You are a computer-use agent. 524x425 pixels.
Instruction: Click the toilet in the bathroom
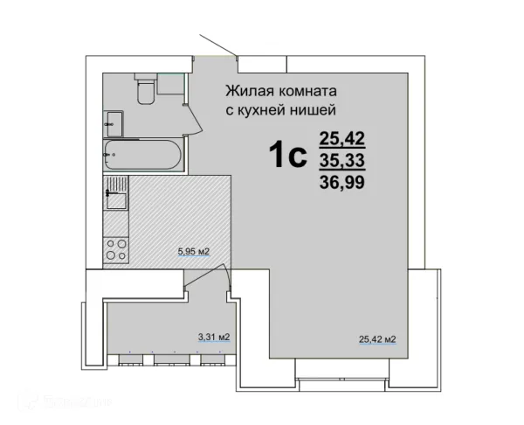pos(145,88)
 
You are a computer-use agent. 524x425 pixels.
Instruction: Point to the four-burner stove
pos(115,250)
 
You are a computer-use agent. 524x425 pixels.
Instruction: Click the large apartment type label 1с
pos(286,156)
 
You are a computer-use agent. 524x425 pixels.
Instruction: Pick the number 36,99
pos(342,183)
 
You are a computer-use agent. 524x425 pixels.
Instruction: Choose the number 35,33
pos(342,160)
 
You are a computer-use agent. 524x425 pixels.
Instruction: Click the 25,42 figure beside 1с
pos(342,137)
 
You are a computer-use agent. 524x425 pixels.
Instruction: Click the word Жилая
pos(249,90)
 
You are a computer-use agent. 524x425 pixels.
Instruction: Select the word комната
pos(307,90)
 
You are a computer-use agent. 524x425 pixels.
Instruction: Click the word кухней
pos(261,109)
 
